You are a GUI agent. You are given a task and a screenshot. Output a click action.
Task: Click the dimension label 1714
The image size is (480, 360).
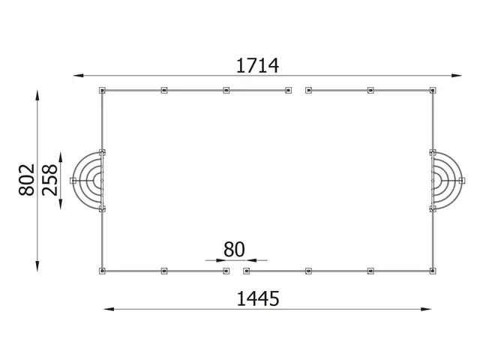257,66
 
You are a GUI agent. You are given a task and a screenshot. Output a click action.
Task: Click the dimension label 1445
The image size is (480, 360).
257,299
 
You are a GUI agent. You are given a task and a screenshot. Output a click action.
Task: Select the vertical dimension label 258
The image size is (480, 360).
50,180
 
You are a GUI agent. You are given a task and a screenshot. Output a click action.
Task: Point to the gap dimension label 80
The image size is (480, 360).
235,249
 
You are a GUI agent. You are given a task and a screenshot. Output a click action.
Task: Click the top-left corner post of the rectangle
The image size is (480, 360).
103,91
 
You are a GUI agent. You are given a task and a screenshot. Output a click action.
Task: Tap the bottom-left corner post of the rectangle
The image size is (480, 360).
103,270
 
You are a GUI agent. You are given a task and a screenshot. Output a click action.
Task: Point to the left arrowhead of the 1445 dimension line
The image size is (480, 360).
106,308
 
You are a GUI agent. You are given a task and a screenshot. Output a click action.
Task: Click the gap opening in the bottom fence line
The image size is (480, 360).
235,270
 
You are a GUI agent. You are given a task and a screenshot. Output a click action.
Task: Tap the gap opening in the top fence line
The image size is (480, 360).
298,91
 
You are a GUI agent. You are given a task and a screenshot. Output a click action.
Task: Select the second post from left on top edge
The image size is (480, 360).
164,91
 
